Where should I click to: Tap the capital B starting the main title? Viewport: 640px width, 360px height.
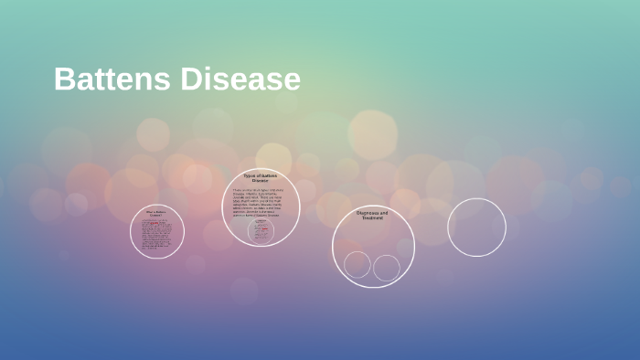click(x=64, y=79)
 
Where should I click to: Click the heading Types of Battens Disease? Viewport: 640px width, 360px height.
click(x=261, y=178)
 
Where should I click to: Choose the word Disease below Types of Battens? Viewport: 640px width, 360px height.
click(x=261, y=181)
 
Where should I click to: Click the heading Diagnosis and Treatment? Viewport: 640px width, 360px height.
click(x=372, y=216)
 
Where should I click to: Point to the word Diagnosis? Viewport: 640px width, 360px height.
click(x=368, y=213)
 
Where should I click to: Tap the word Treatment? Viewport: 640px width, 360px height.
click(x=372, y=218)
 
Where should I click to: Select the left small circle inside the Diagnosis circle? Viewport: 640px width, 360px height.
click(x=357, y=265)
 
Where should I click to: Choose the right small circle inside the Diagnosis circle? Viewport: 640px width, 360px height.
click(x=387, y=268)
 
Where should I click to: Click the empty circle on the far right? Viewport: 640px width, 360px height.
click(x=476, y=228)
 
